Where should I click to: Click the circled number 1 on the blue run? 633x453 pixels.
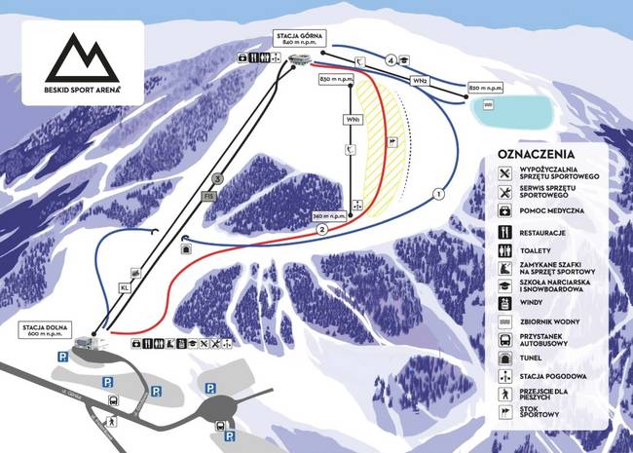tap(438, 195)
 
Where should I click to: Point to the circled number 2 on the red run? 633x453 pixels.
tap(321, 229)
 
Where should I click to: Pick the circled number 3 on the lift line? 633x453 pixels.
tap(218, 178)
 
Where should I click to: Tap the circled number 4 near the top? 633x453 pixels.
tap(391, 60)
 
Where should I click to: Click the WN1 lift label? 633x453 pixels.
tap(350, 120)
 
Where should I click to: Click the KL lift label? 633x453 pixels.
tap(125, 287)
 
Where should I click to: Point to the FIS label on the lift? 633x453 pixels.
tap(207, 196)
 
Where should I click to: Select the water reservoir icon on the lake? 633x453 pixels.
tap(488, 102)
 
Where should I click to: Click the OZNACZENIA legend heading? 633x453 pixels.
tap(536, 154)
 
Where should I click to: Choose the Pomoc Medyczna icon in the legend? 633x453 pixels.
tap(505, 210)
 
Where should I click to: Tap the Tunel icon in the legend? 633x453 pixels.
tap(505, 358)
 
